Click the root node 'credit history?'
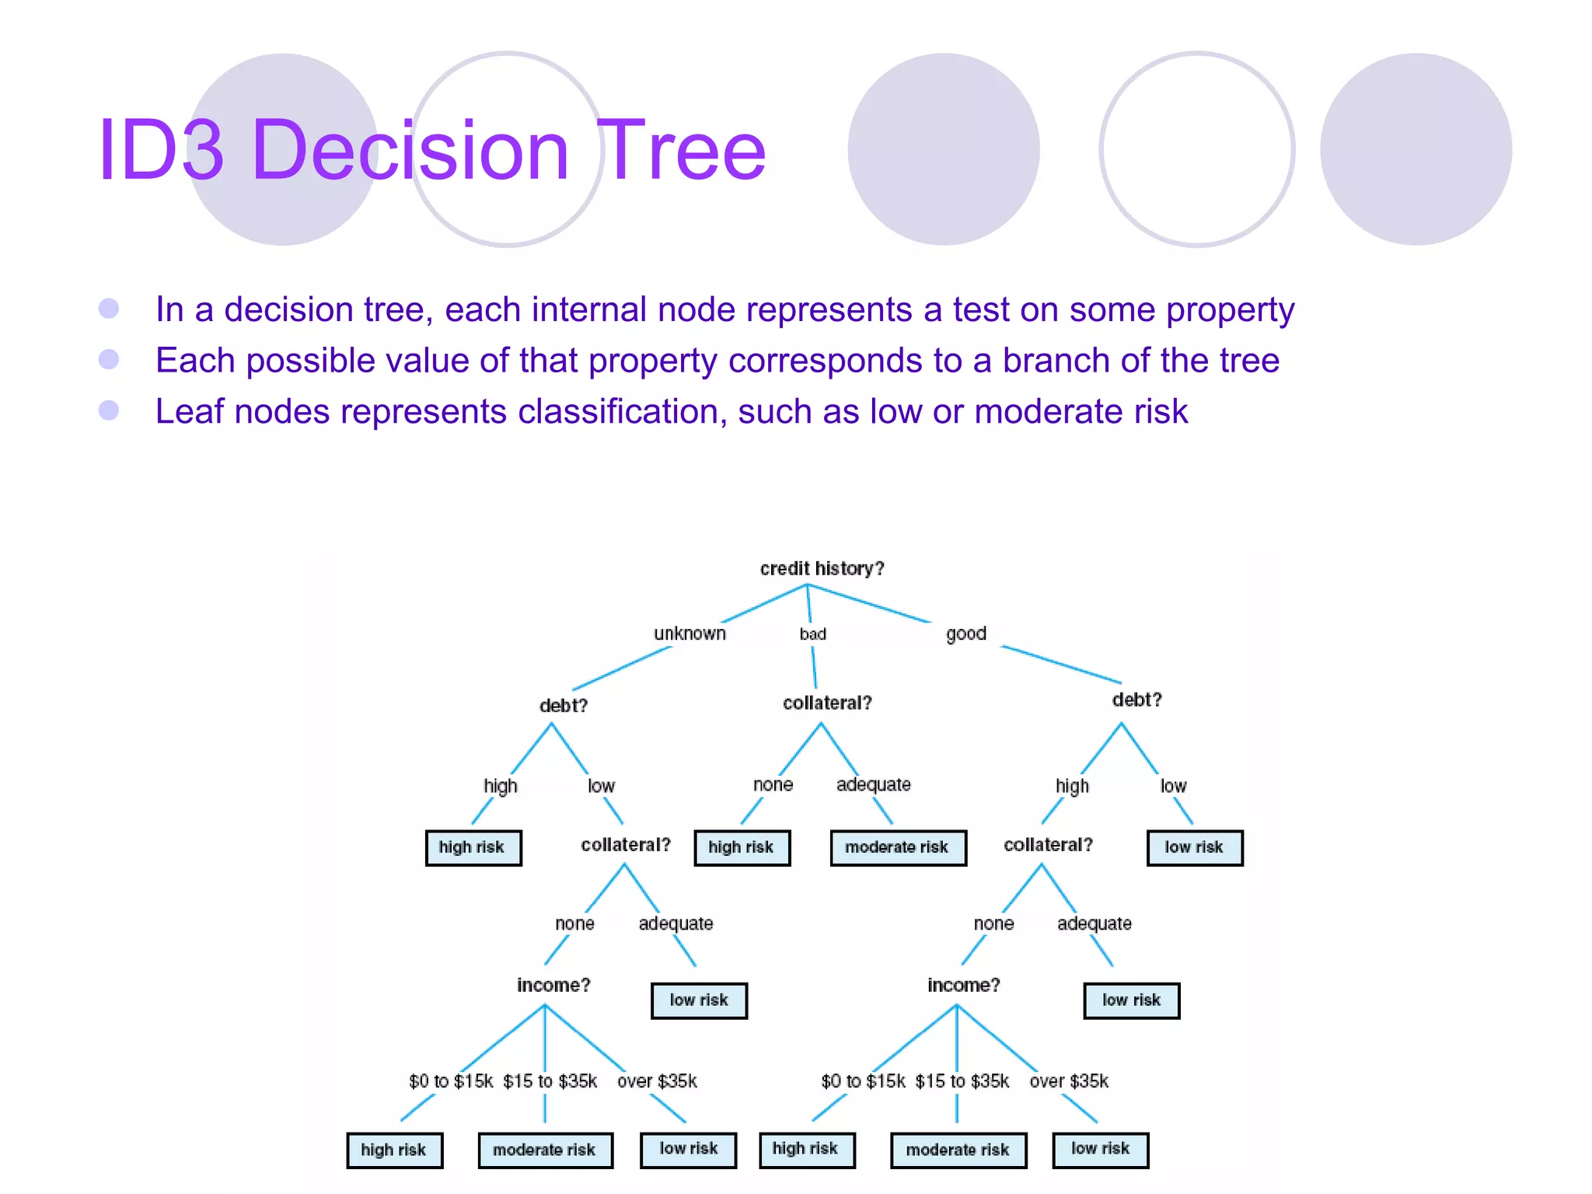pos(822,568)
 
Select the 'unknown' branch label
pos(690,634)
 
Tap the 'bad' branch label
pos(812,634)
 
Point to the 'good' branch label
pos(965,634)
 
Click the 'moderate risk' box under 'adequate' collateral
pos(897,847)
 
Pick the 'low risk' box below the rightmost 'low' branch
pos(1194,847)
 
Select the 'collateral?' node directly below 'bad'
pos(827,703)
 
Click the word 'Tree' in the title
pos(683,150)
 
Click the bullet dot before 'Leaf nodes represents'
pos(109,410)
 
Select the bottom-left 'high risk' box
pos(394,1150)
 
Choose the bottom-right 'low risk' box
pos(1100,1149)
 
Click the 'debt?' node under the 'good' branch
pos(1136,700)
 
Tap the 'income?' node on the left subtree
pos(553,985)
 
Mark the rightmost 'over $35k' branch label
pos(1069,1081)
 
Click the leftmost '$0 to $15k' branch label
pos(451,1081)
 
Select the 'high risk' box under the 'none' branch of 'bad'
pos(741,847)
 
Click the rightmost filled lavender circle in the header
pos(1416,149)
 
